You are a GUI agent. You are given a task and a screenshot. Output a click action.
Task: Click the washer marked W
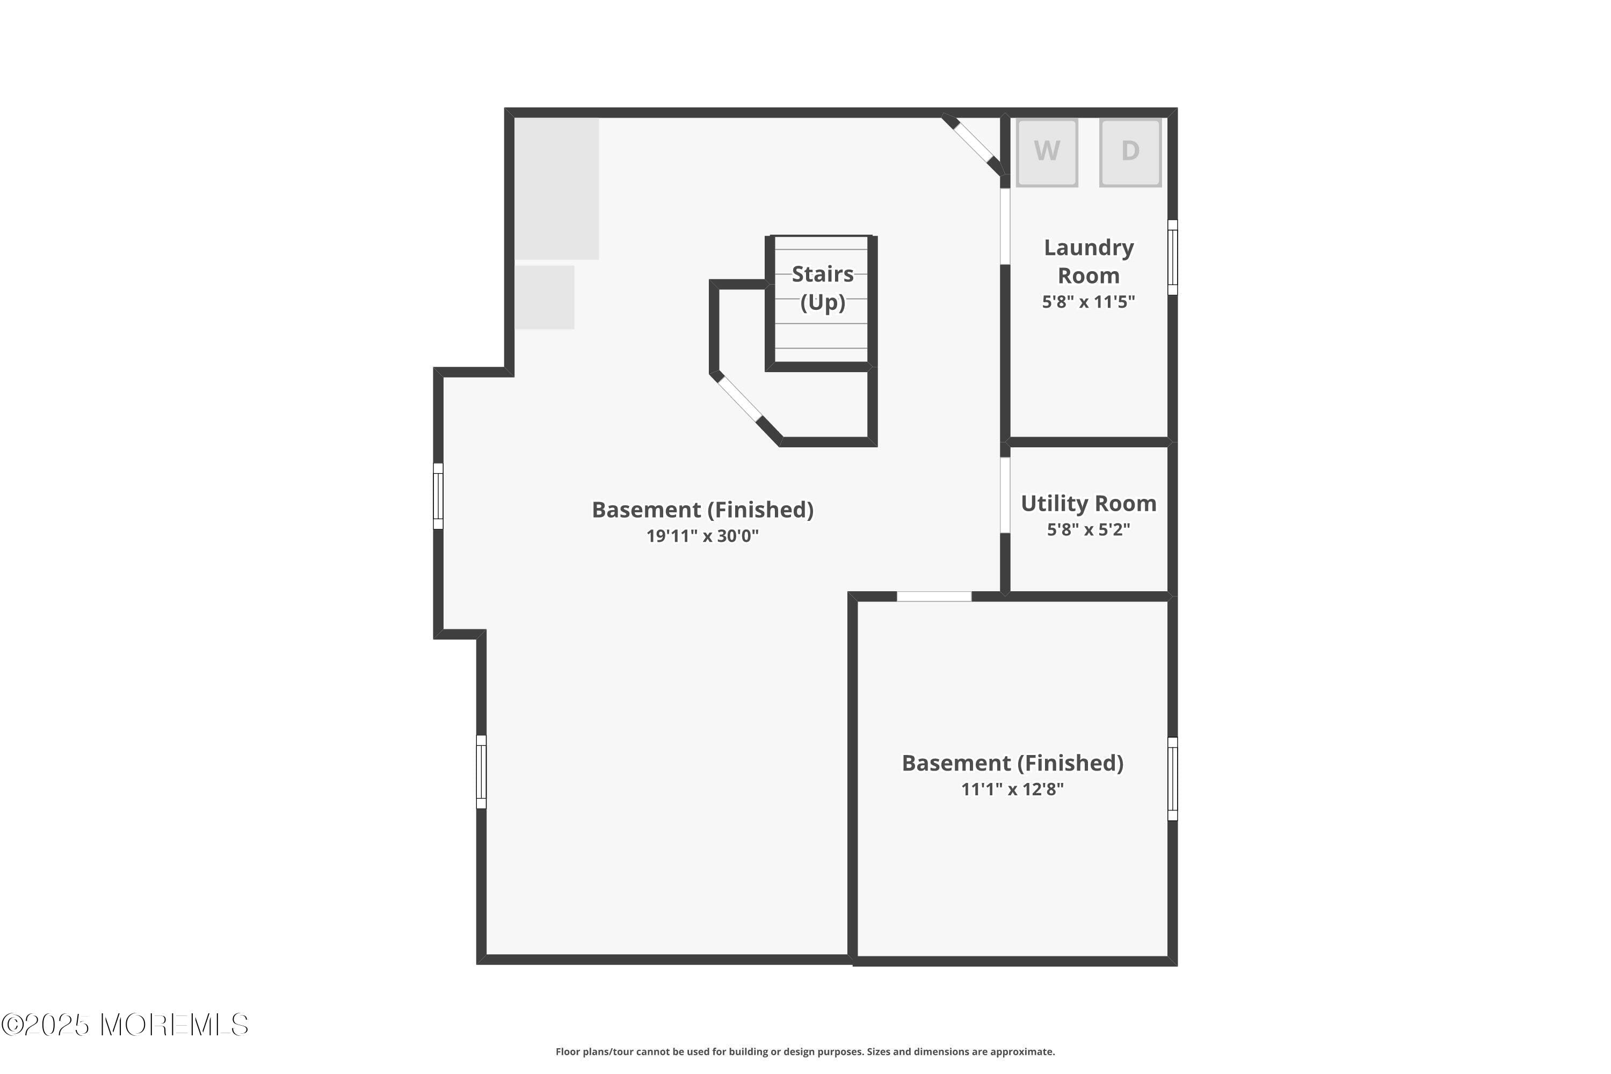coord(1047,152)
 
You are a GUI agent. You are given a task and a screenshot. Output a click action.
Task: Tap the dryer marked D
coord(1130,152)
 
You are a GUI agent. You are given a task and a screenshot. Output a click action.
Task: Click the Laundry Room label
coord(1088,261)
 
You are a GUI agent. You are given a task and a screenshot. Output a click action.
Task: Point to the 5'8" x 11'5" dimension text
coord(1088,302)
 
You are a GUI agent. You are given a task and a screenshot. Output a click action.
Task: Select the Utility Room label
coord(1088,504)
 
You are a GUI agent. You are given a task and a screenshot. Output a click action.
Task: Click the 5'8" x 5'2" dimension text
coord(1088,529)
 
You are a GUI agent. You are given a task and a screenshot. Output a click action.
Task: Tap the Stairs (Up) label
coord(822,288)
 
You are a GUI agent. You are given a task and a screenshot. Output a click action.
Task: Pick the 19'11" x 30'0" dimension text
coord(703,535)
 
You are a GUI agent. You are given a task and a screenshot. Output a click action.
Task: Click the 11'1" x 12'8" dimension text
coord(1012,789)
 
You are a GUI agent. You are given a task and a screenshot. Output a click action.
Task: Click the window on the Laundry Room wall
coord(1173,258)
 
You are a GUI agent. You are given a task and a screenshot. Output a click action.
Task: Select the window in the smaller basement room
coord(1173,779)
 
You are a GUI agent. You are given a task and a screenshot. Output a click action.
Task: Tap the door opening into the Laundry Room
coord(1005,226)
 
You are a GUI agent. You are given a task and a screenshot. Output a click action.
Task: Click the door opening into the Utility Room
coord(1005,495)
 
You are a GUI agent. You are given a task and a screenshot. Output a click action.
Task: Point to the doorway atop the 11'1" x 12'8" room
coord(934,597)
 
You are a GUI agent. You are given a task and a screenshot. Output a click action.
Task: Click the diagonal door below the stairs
coord(739,398)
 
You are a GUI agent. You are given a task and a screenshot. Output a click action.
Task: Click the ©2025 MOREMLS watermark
coord(125,1025)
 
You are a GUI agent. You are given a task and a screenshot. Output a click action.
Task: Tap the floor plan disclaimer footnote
coord(805,1051)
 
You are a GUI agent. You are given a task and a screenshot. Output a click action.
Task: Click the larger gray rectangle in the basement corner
coord(557,189)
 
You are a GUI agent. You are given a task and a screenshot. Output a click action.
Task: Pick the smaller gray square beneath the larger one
coord(545,297)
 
